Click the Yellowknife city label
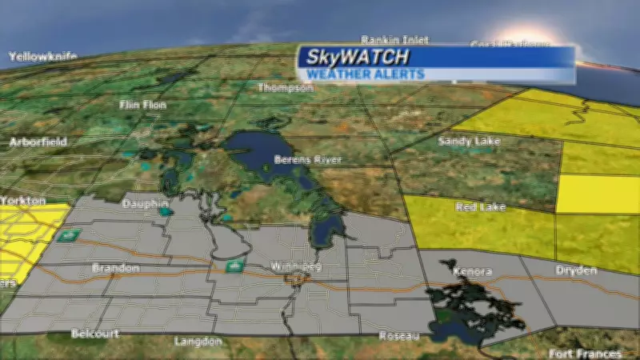[42, 57]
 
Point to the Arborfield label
[38, 142]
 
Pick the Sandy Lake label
[470, 142]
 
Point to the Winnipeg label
[295, 266]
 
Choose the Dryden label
[576, 270]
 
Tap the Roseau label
[399, 335]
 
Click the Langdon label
[198, 341]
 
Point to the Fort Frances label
[586, 354]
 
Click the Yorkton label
[22, 201]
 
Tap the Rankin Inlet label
[394, 39]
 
